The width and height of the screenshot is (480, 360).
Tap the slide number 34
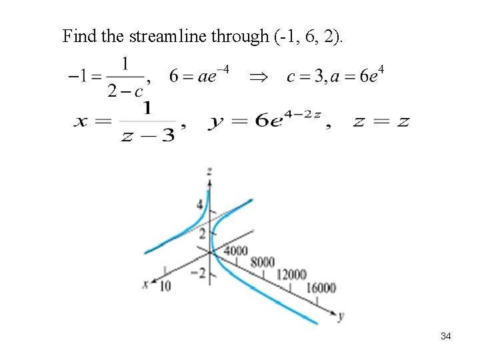pos(445,337)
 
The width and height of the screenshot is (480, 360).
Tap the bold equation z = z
pos(380,121)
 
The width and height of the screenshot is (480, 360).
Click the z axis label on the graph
pos(210,171)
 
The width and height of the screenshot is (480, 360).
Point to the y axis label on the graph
pos(341,315)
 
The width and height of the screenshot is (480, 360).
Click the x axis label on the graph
pos(145,283)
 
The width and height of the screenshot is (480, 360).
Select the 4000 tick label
pos(235,251)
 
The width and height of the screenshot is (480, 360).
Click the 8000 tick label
pos(263,262)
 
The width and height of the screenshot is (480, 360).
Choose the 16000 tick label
pos(321,287)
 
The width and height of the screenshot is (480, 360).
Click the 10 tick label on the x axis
pos(165,285)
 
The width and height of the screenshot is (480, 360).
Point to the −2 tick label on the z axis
pos(199,273)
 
